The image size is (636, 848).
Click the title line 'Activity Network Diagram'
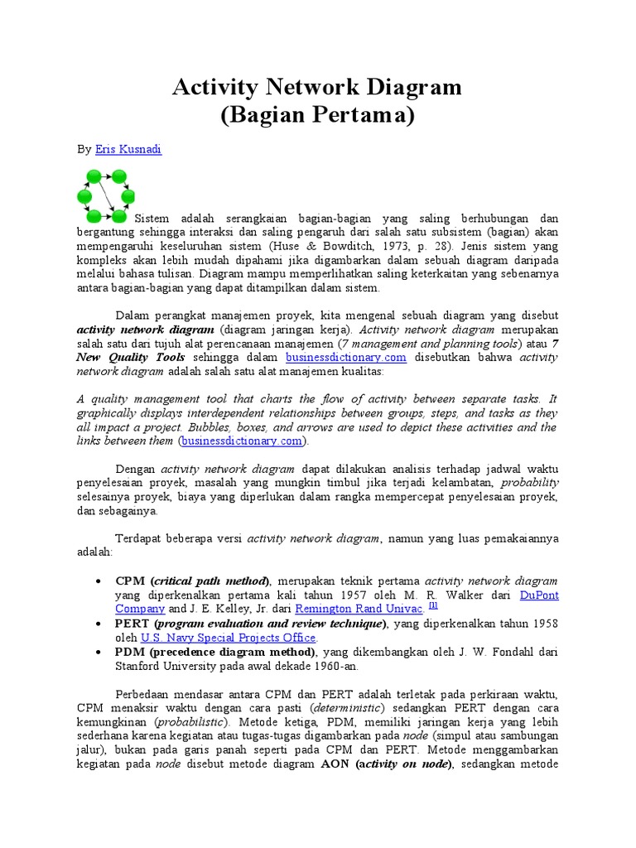pyautogui.click(x=317, y=87)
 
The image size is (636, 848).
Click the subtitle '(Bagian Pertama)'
pyautogui.click(x=317, y=115)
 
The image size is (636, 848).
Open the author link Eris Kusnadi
pyautogui.click(x=128, y=150)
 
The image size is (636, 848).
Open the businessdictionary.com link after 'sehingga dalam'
pyautogui.click(x=346, y=358)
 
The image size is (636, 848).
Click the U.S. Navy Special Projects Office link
pyautogui.click(x=228, y=638)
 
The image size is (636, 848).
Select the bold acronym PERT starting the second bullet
pyautogui.click(x=132, y=623)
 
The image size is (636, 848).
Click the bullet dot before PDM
pyautogui.click(x=99, y=652)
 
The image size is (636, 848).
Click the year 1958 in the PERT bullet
pyautogui.click(x=542, y=623)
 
